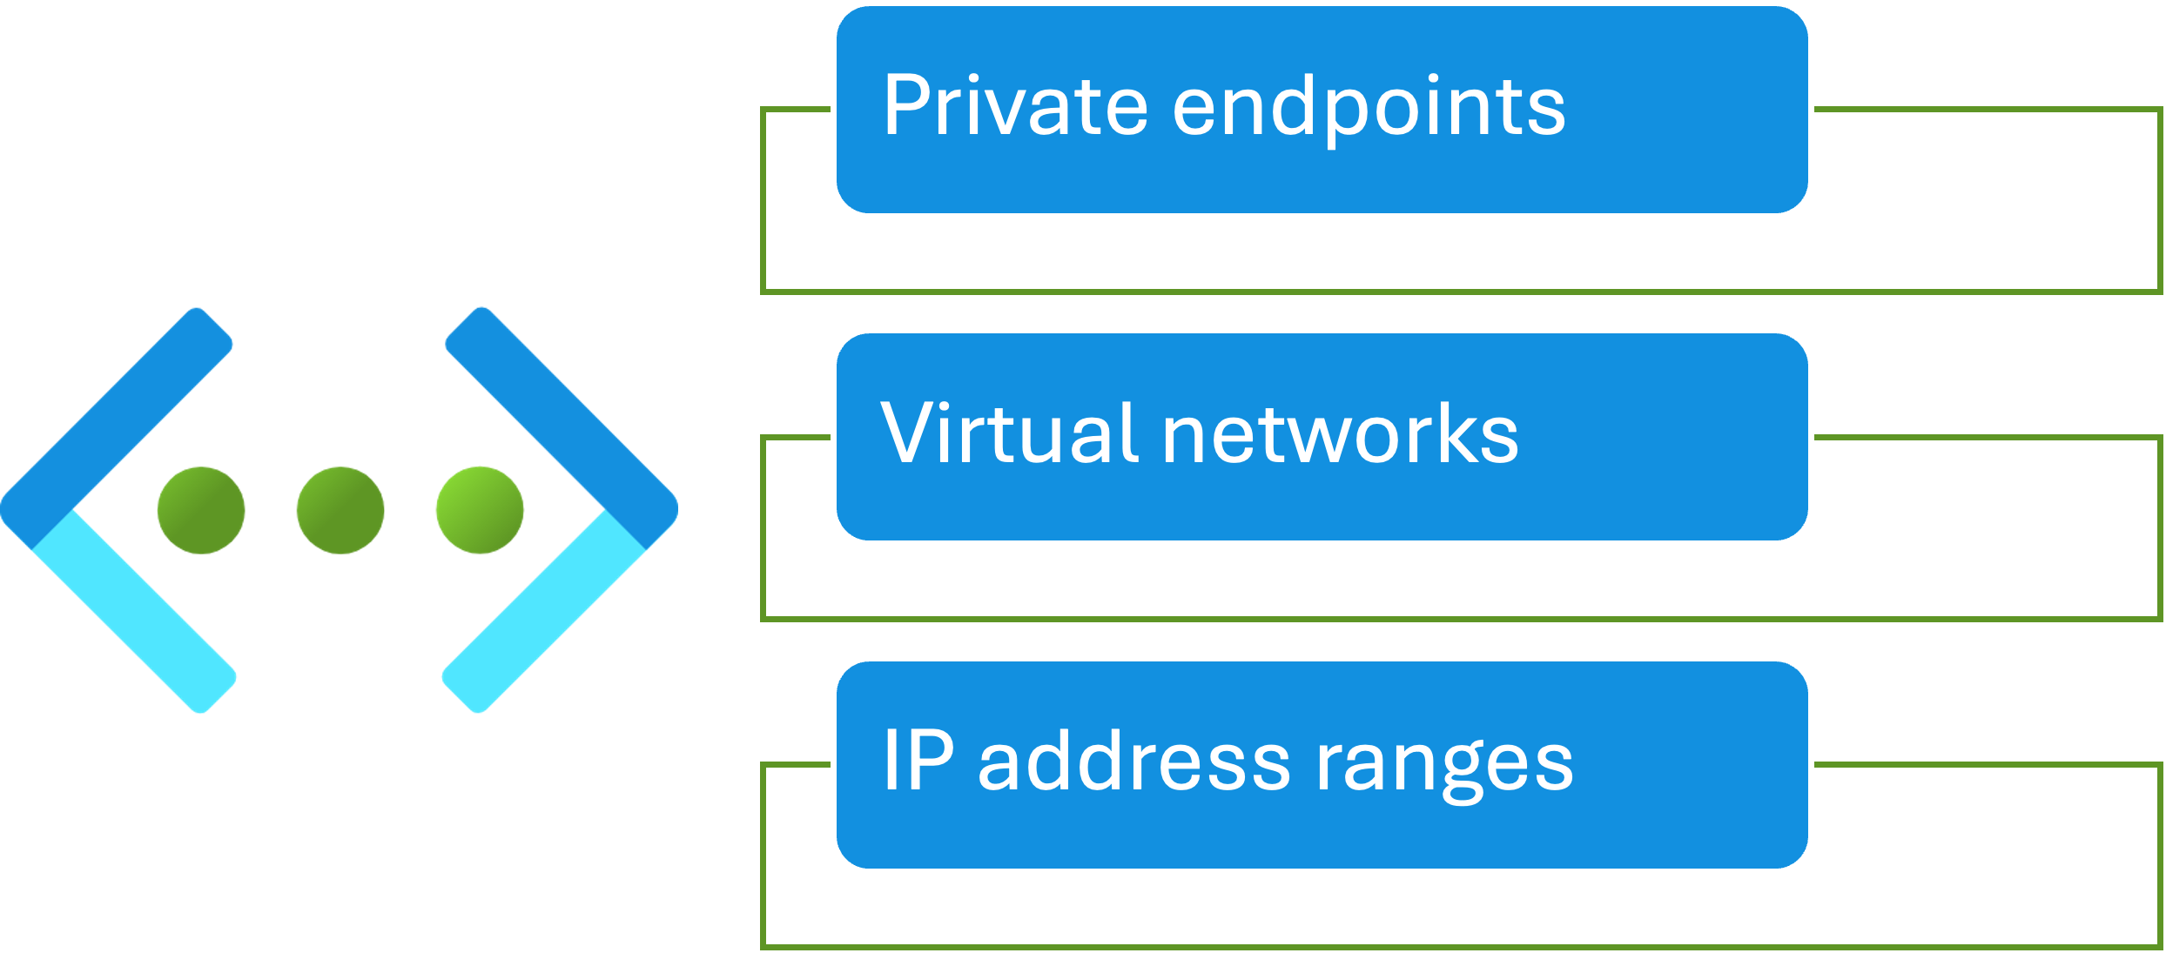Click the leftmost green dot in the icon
pos(201,510)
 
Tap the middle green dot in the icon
pos(340,510)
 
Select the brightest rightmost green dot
pos(480,510)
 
